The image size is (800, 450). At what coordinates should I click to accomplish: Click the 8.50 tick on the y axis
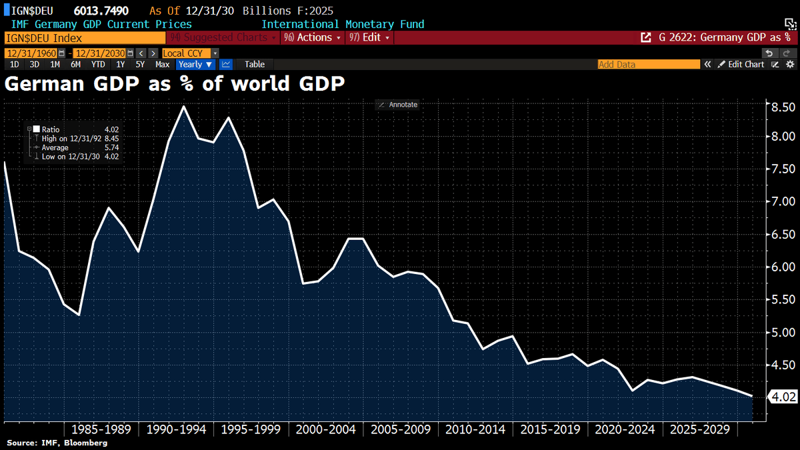(x=783, y=107)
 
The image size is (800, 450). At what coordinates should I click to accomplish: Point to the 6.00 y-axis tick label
(x=783, y=267)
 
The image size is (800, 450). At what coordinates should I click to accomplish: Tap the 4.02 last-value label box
(x=783, y=397)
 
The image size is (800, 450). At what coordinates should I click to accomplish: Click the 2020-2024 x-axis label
(x=625, y=429)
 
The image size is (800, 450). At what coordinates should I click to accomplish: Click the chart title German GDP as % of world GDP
(x=175, y=84)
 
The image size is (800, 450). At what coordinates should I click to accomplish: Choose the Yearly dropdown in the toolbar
(x=195, y=65)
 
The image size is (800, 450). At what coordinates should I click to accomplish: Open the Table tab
(x=254, y=65)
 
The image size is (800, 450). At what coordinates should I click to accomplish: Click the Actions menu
(x=313, y=37)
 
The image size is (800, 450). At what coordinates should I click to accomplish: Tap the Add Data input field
(x=648, y=65)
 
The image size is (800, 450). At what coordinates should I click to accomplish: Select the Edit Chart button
(x=741, y=65)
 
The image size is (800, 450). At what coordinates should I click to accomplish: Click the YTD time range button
(x=98, y=65)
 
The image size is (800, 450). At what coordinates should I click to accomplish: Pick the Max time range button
(x=162, y=65)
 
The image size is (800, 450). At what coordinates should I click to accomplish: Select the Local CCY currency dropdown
(x=187, y=53)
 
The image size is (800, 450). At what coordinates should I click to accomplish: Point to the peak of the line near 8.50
(x=184, y=107)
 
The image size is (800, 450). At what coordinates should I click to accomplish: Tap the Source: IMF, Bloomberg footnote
(x=57, y=443)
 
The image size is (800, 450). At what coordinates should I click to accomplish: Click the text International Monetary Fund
(x=343, y=24)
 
